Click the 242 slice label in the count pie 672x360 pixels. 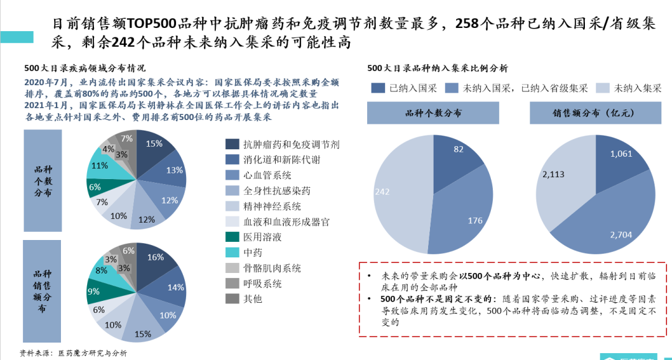click(382, 192)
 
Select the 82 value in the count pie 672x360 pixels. click(459, 149)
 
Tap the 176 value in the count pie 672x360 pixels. click(475, 220)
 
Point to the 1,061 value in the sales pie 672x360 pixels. click(622, 154)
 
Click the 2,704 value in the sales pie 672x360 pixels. click(622, 234)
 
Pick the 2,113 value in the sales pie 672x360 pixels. click(553, 175)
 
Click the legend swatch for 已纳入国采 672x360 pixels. click(378, 88)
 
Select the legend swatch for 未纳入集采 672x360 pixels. click(602, 88)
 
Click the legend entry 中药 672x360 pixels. click(253, 252)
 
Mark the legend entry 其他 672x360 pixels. click(253, 299)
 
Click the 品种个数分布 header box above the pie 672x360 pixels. click(433, 114)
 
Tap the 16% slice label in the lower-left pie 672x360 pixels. click(155, 257)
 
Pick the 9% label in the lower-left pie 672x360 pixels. click(93, 291)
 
